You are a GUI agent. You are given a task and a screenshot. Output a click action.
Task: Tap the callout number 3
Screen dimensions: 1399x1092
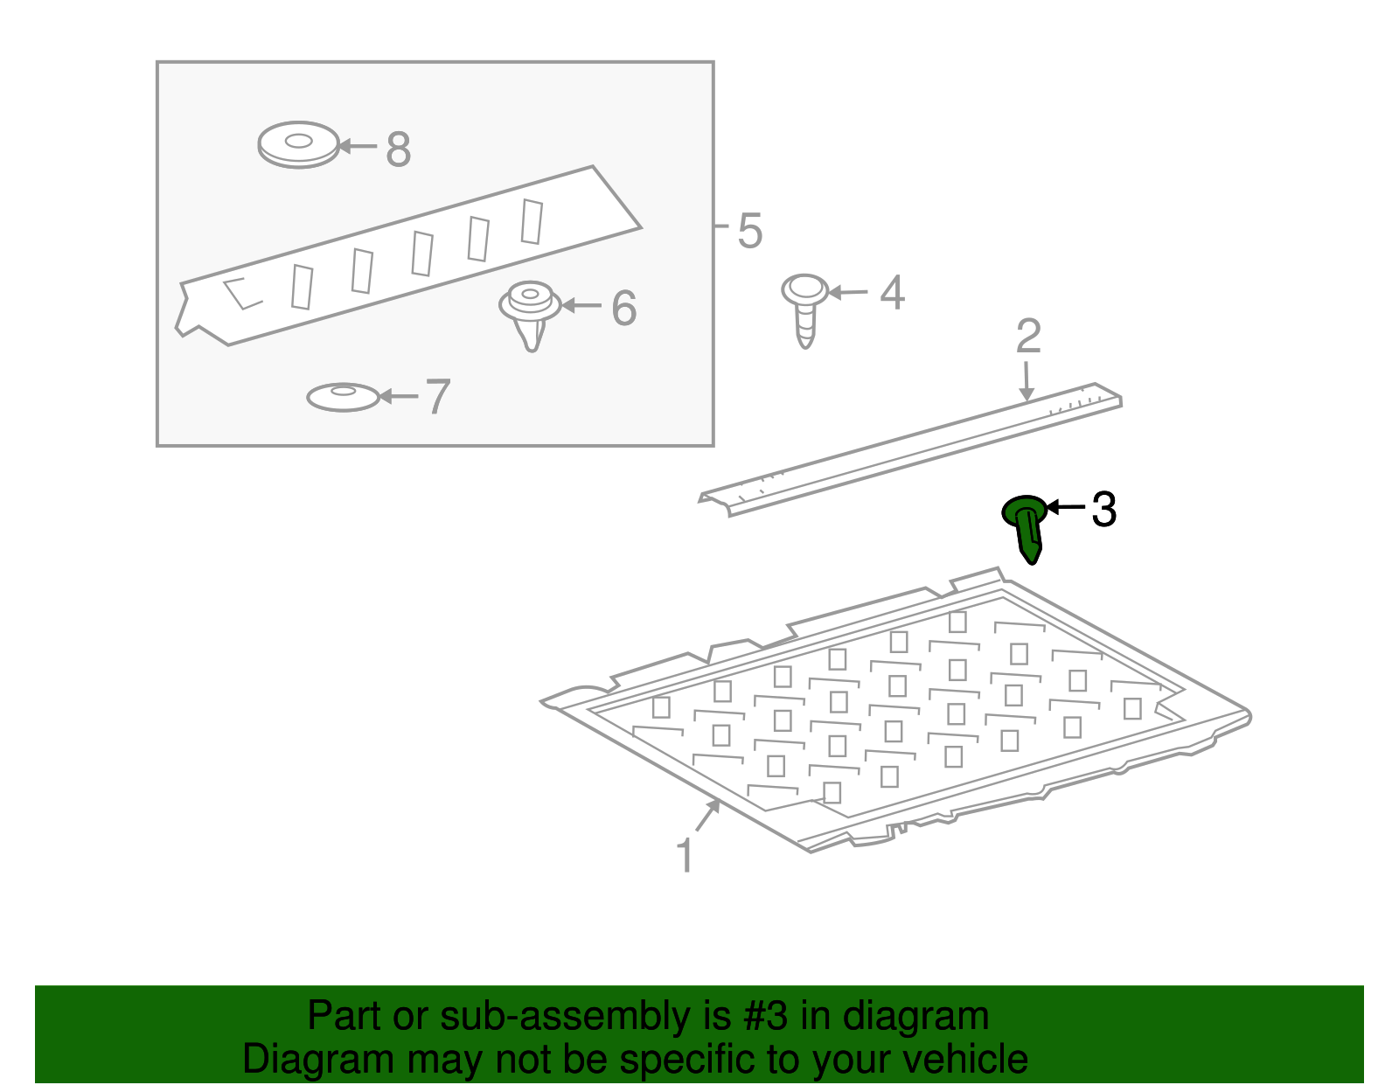1103,509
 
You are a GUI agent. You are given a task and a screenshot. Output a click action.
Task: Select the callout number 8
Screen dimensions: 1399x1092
398,150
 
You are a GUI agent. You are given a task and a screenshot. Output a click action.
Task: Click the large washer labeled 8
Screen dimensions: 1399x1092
299,145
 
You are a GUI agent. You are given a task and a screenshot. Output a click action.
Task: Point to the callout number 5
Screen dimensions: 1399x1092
750,230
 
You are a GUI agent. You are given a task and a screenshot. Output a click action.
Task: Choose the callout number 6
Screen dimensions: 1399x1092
623,308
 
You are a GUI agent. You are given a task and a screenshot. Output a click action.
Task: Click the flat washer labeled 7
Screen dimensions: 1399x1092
343,397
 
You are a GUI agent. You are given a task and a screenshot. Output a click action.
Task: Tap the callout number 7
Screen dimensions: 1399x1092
438,396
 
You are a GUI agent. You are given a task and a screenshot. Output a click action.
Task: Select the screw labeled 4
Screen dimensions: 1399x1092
804,310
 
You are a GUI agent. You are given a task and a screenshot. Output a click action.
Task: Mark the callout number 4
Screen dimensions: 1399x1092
893,293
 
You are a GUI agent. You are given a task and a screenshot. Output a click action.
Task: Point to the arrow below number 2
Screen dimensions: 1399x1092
1027,381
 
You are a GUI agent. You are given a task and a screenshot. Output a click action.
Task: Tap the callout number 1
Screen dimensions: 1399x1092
685,854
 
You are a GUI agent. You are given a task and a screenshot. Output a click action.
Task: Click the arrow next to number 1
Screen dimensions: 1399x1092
707,816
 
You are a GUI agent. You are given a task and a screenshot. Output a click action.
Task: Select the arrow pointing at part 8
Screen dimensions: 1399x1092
358,146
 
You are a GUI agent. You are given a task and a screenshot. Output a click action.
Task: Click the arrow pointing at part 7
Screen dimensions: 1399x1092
400,396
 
